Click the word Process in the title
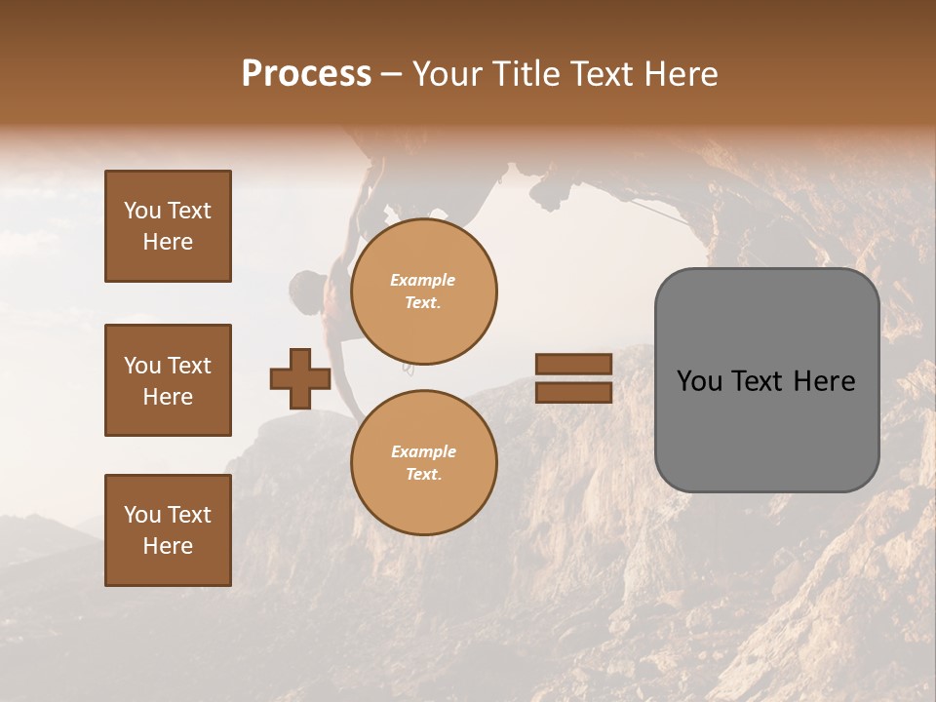(x=306, y=73)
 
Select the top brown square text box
(x=168, y=226)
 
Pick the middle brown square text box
(x=168, y=380)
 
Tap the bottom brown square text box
(x=168, y=530)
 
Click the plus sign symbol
(x=300, y=378)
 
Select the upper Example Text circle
(x=423, y=292)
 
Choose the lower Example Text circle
(x=423, y=463)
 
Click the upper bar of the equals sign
(x=573, y=364)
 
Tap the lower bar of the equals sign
(x=573, y=392)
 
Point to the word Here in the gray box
(x=824, y=381)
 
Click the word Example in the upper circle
(x=422, y=280)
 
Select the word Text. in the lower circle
(x=423, y=475)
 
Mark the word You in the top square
(x=142, y=211)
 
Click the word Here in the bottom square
(x=168, y=546)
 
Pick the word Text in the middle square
(x=189, y=366)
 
